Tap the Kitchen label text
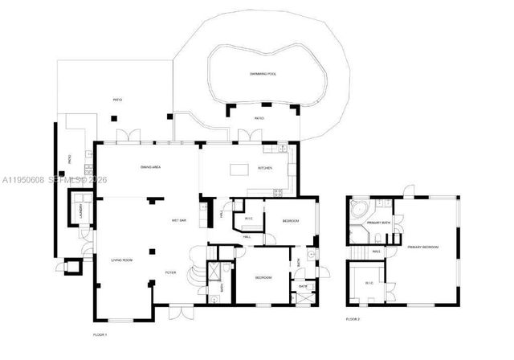click(264, 168)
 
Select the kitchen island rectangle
click(239, 170)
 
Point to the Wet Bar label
click(179, 220)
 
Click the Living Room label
click(121, 260)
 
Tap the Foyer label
click(170, 273)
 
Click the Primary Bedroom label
click(422, 247)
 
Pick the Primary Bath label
click(378, 222)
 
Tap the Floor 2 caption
click(353, 319)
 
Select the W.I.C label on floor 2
click(369, 283)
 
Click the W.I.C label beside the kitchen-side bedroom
click(249, 219)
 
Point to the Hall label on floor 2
click(375, 252)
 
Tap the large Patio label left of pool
click(117, 100)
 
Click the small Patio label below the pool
click(259, 118)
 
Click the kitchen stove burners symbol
click(279, 192)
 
